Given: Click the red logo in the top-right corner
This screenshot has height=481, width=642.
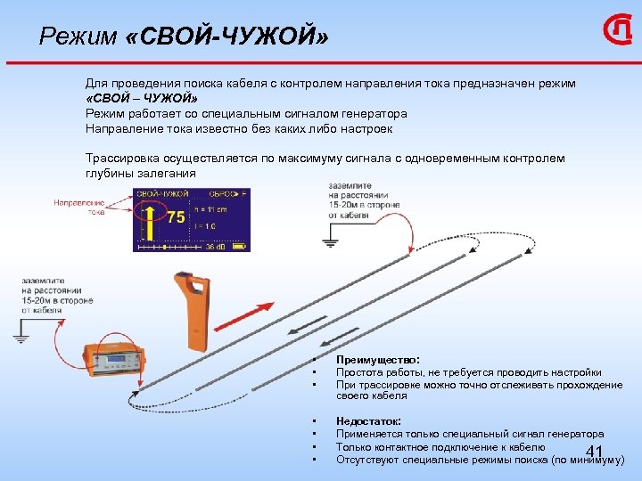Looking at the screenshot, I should point(616,33).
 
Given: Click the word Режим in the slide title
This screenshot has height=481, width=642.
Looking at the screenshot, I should point(78,37).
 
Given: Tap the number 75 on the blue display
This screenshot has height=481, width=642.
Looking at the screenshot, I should point(176,217).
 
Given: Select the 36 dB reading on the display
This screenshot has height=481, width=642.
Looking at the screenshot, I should point(215,247).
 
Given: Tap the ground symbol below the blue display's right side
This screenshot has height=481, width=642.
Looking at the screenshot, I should point(330,240).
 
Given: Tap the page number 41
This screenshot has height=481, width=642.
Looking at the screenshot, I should point(596,452).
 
